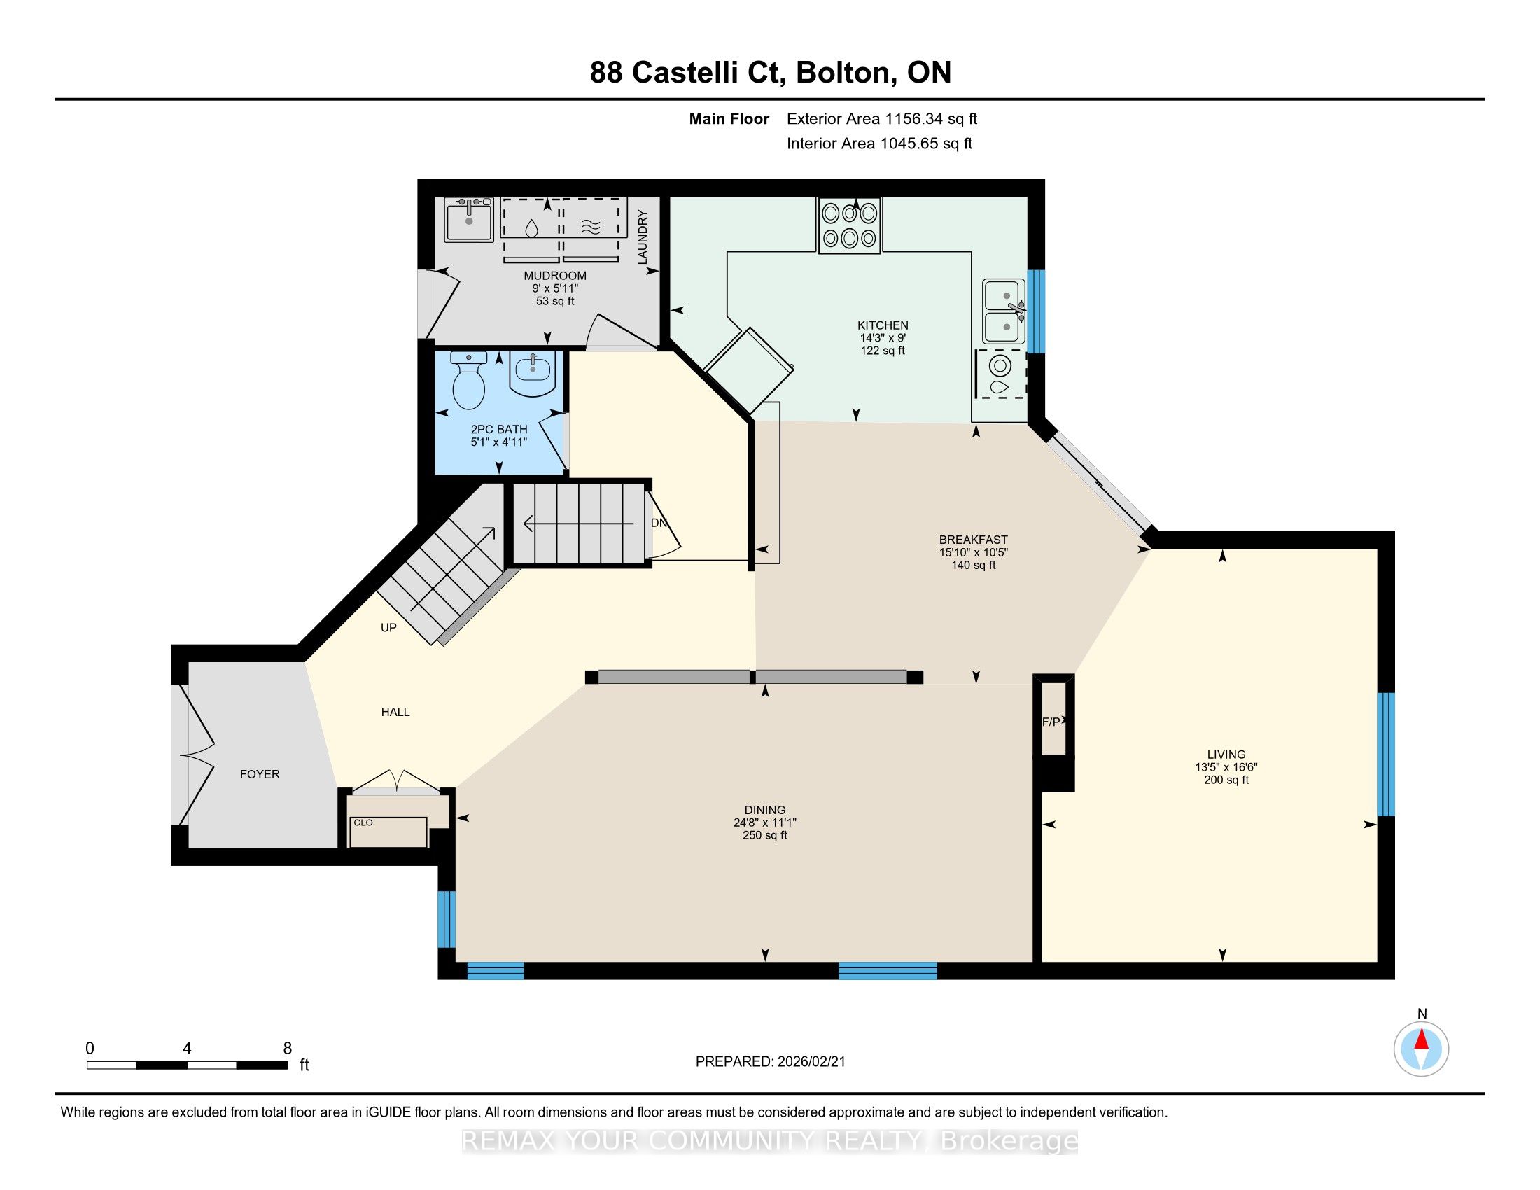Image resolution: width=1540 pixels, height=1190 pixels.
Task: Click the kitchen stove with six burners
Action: [849, 225]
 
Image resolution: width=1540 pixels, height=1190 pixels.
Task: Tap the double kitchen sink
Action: [1004, 311]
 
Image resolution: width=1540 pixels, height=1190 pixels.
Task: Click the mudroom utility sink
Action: [469, 219]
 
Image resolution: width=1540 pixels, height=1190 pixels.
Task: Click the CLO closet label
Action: [363, 822]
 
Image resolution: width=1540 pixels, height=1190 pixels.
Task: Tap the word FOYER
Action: [260, 774]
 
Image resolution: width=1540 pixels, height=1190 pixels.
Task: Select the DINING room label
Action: [765, 810]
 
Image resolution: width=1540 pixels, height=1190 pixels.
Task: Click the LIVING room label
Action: [1226, 755]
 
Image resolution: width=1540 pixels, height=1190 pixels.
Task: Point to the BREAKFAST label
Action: [973, 540]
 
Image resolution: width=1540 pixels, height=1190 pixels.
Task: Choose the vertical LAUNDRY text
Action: [643, 237]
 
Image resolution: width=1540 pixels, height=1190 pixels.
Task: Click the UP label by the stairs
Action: [388, 627]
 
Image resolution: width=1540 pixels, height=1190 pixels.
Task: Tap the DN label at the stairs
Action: [659, 523]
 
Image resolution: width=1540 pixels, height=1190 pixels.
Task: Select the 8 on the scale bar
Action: [288, 1049]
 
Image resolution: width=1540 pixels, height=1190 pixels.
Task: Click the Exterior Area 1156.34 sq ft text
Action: [882, 118]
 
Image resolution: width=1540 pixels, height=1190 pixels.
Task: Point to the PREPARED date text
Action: [770, 1062]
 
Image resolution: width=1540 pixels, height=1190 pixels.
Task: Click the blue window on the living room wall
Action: [1385, 754]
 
